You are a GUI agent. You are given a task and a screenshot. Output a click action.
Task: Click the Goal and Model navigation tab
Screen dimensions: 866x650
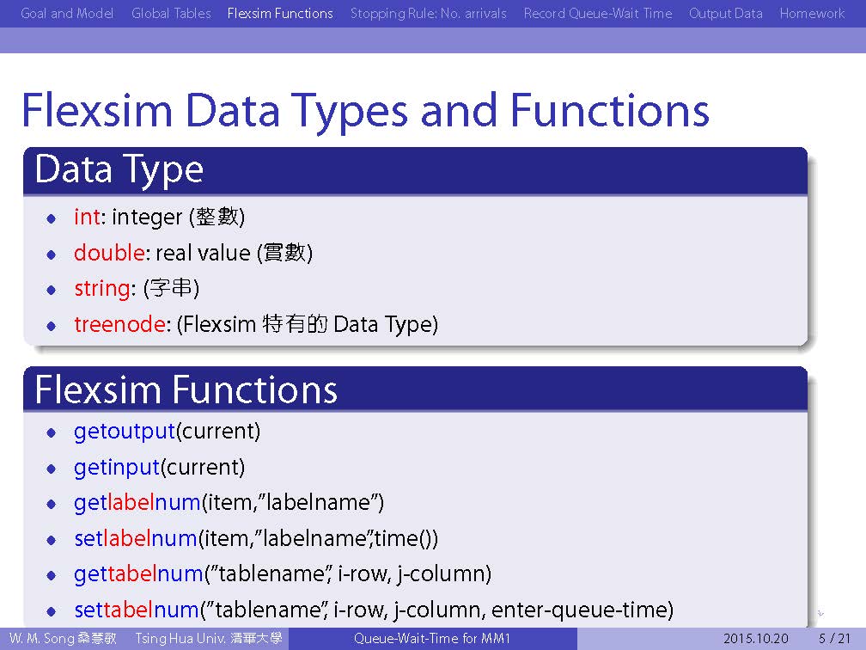point(67,13)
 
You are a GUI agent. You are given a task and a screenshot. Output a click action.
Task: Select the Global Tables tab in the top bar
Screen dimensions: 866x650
point(171,13)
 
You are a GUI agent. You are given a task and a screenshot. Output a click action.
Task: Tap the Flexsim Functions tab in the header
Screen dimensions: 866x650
point(280,13)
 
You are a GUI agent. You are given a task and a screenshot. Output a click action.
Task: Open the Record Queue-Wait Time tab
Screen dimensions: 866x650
point(598,13)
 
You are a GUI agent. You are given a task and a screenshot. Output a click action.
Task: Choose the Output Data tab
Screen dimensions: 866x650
point(726,13)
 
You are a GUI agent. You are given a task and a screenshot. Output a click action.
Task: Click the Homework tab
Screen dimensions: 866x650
point(812,13)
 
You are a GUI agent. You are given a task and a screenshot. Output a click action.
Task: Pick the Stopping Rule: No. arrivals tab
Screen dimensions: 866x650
point(428,13)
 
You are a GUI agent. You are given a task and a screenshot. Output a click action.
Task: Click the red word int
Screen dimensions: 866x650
point(88,217)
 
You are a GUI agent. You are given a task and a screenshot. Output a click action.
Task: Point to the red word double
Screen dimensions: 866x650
point(109,253)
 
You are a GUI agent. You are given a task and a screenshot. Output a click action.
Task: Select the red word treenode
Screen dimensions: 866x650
point(119,324)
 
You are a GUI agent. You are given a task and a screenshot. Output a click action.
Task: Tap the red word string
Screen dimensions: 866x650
point(102,289)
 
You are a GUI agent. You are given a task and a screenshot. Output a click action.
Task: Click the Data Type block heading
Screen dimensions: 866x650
point(119,169)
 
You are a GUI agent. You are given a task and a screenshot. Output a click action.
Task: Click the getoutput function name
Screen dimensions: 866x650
point(125,431)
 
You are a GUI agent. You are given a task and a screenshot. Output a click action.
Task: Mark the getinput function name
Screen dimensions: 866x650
point(117,468)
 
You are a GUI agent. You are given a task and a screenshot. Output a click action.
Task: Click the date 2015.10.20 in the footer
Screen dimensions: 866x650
point(755,639)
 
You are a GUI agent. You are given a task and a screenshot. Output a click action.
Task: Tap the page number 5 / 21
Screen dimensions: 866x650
point(834,639)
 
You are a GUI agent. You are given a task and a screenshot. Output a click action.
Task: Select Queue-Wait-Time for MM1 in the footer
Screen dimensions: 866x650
point(432,639)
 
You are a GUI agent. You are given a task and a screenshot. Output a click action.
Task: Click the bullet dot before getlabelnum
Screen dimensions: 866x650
point(52,504)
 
